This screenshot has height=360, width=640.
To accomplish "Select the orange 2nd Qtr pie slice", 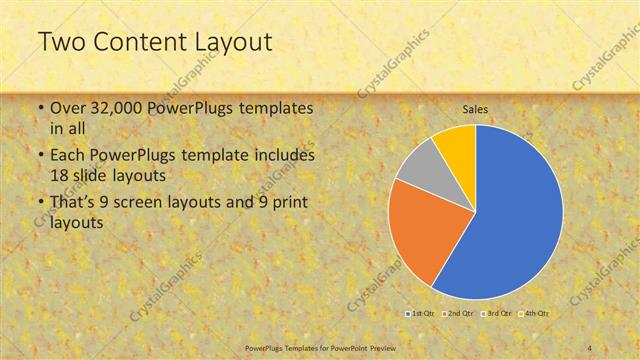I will pyautogui.click(x=420, y=235).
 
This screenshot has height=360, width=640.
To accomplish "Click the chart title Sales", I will pyautogui.click(x=474, y=109).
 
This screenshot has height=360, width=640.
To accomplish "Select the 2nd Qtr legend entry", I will pyautogui.click(x=458, y=313).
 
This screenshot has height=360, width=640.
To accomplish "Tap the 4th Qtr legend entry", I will pyautogui.click(x=534, y=313).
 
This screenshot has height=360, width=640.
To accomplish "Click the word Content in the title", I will pyautogui.click(x=140, y=43).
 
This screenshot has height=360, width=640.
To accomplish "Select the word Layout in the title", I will pyautogui.click(x=230, y=43).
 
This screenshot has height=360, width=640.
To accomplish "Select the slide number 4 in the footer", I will pyautogui.click(x=589, y=347).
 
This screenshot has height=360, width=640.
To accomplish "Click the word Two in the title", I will pyautogui.click(x=62, y=43).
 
